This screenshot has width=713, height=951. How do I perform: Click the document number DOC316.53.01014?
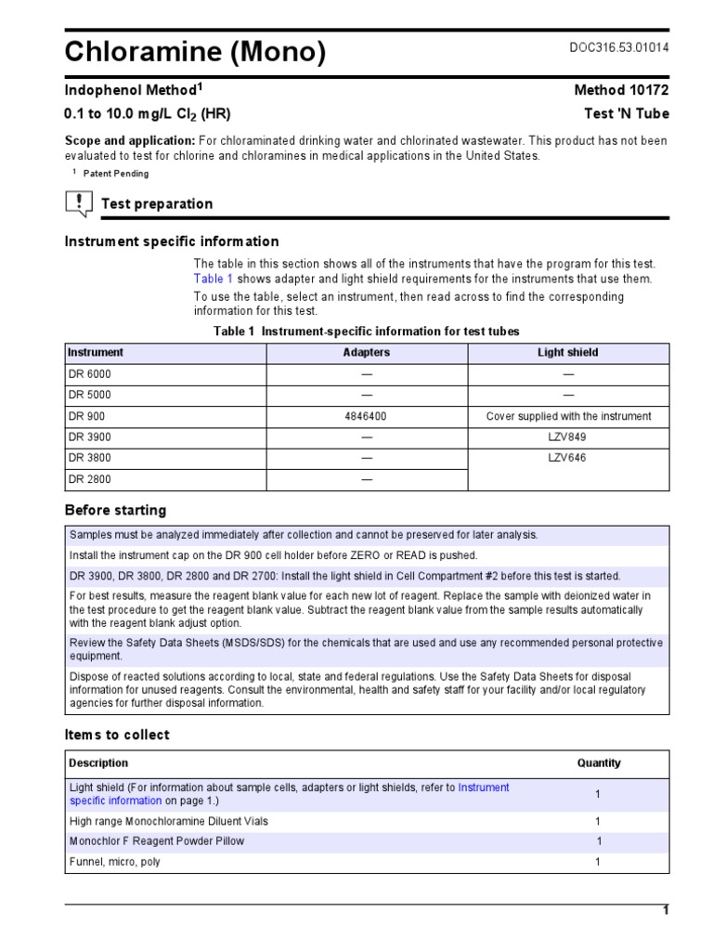(x=618, y=47)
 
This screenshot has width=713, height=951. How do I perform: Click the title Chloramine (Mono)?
(x=195, y=53)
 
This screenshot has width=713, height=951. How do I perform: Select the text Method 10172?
(x=622, y=90)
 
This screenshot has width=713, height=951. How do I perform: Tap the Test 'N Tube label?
(x=628, y=114)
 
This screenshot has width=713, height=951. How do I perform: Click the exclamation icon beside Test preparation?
(x=79, y=202)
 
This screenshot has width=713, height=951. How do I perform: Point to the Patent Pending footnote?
(x=115, y=174)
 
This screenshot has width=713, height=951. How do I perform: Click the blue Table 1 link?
(x=214, y=279)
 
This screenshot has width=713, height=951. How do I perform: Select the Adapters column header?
(x=367, y=353)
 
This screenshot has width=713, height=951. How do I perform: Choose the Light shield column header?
(x=568, y=353)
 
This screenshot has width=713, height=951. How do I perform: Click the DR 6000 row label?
(x=89, y=374)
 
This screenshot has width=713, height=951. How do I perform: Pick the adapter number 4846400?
(x=366, y=417)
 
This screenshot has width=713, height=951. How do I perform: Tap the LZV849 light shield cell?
(x=568, y=437)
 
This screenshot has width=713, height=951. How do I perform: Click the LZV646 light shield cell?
(x=568, y=459)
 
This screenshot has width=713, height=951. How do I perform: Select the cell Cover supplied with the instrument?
(x=568, y=417)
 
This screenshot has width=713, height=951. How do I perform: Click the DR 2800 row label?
(x=89, y=480)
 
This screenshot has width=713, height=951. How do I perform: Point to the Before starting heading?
(x=115, y=510)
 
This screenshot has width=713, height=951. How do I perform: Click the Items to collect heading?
(x=117, y=735)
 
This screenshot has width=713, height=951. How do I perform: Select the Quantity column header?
(x=599, y=763)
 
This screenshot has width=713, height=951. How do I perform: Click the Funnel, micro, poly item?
(x=115, y=862)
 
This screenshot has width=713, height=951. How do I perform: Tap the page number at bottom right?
(x=665, y=911)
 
